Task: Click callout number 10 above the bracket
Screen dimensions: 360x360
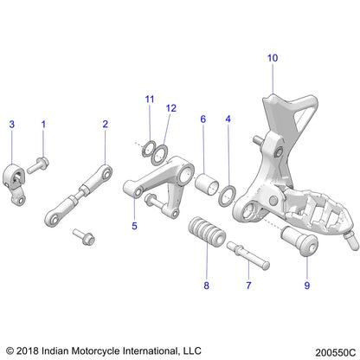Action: point(273,58)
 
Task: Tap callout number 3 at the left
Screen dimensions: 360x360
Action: point(12,125)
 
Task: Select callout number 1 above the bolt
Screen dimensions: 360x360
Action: point(43,125)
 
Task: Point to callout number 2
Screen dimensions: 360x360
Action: point(106,125)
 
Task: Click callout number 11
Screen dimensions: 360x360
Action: point(149,100)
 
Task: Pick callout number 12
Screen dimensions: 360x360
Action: point(171,108)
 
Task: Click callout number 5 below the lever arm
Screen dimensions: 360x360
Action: point(134,226)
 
